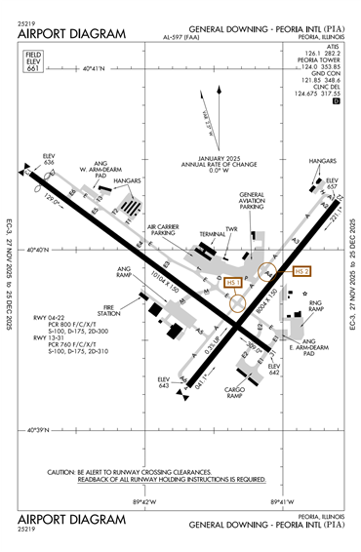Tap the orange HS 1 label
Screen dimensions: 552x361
[231, 283]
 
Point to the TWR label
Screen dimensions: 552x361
[232, 229]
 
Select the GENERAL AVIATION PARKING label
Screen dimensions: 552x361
[253, 200]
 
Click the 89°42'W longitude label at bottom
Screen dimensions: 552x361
[144, 502]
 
